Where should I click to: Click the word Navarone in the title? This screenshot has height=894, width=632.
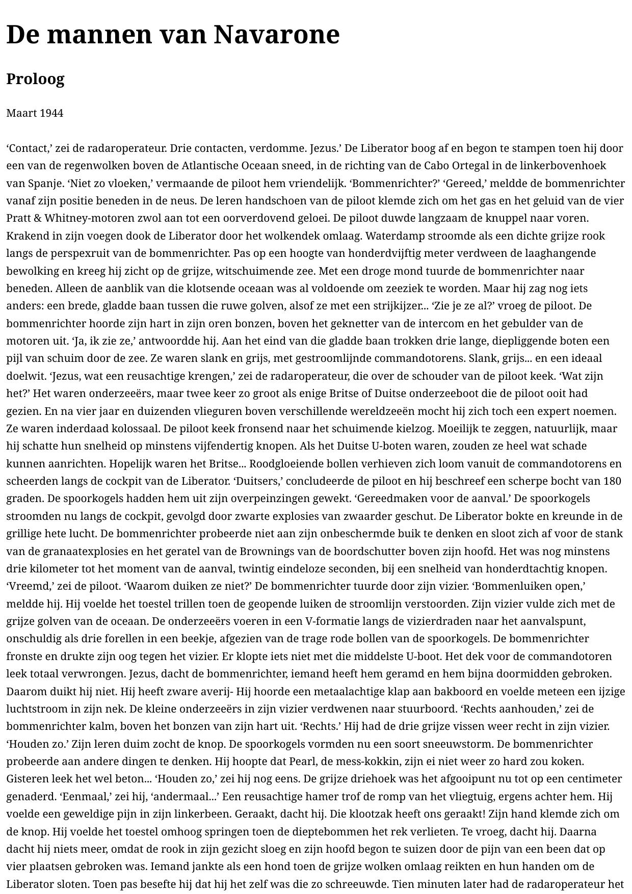pyautogui.click(x=276, y=35)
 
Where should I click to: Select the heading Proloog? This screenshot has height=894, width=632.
pyautogui.click(x=35, y=79)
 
